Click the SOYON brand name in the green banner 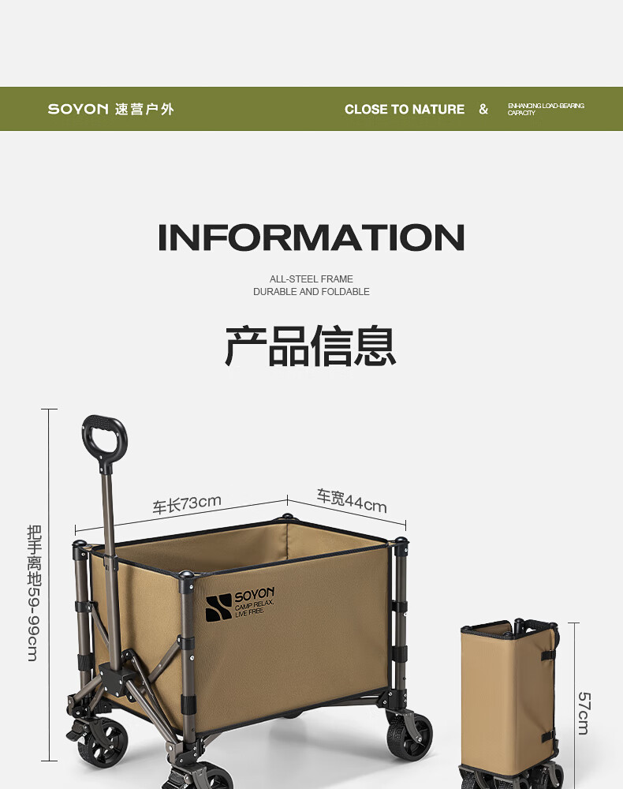coord(77,109)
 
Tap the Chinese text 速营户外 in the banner coord(144,109)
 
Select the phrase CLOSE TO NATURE coord(404,110)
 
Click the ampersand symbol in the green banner coord(483,110)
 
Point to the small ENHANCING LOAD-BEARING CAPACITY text coord(546,109)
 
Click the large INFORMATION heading coord(311,238)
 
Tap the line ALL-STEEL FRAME coord(311,279)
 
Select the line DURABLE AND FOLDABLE coord(311,292)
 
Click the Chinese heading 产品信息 coord(311,346)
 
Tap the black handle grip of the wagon coord(103,435)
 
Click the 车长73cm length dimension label coord(187,503)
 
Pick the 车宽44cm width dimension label coord(352,500)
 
